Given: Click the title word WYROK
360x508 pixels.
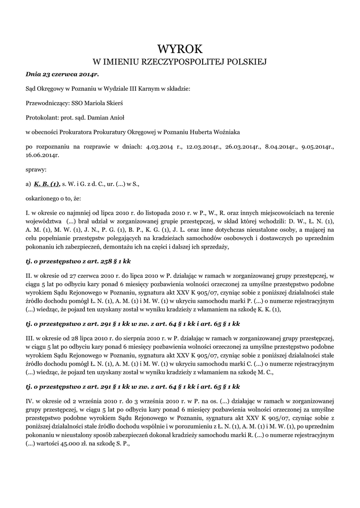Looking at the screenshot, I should [x=180, y=49].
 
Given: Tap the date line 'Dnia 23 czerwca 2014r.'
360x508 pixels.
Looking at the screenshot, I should [x=63, y=74].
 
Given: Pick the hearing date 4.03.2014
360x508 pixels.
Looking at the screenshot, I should [x=157, y=147].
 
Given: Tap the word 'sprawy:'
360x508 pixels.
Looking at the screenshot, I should [x=36, y=169].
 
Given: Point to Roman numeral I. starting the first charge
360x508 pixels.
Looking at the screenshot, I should [x=27, y=212].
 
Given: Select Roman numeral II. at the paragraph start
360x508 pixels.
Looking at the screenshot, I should [x=29, y=274].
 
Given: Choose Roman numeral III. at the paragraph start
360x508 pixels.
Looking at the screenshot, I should [x=30, y=338].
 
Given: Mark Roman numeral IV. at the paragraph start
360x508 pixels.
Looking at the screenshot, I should [x=30, y=400].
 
